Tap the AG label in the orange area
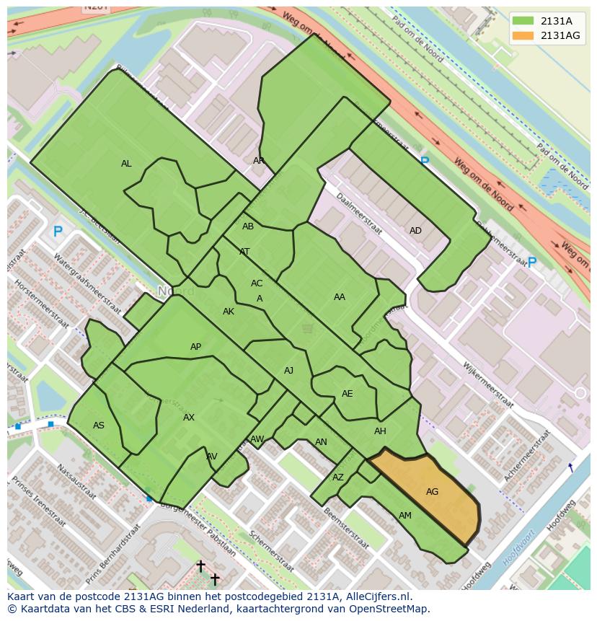(432, 492)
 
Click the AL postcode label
(126, 164)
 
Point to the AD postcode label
(415, 231)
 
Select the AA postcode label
(339, 296)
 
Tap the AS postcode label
(99, 426)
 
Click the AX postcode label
(188, 418)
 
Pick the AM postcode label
(405, 515)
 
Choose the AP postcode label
(195, 347)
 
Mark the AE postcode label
(347, 394)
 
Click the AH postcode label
(380, 431)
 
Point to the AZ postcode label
(338, 477)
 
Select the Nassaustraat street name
(75, 482)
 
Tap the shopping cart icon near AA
(308, 329)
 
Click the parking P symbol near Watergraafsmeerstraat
(58, 232)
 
